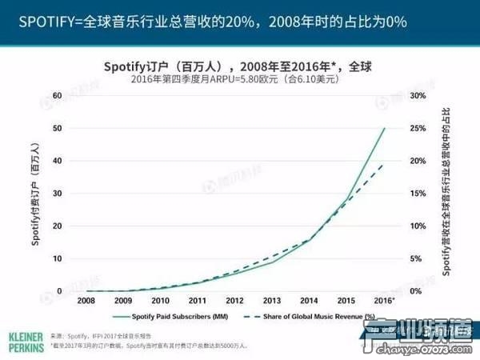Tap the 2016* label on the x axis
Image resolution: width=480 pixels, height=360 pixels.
click(x=385, y=300)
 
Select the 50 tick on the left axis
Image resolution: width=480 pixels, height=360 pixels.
click(x=56, y=128)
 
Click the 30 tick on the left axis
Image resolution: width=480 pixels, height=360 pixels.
click(x=56, y=194)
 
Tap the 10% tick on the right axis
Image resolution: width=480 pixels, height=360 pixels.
click(x=417, y=226)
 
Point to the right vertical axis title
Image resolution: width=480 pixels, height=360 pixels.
click(x=445, y=192)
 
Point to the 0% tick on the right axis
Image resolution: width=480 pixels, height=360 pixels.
click(x=414, y=291)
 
